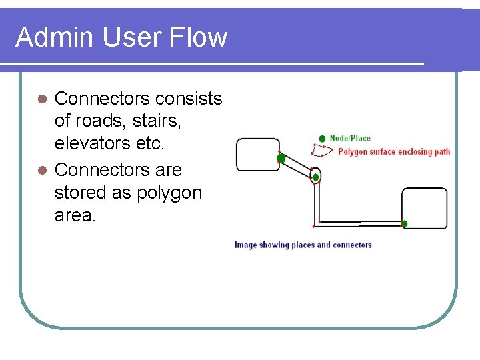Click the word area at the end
75,216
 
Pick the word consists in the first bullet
189,99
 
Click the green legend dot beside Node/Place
323,138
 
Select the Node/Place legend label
350,138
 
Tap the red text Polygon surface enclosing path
394,152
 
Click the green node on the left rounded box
281,159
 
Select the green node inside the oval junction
316,177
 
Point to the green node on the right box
405,224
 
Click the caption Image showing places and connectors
303,245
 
